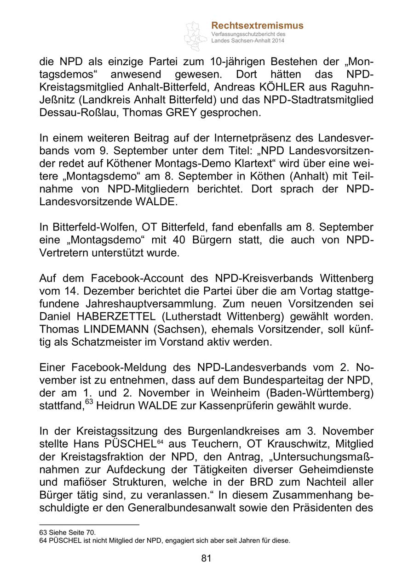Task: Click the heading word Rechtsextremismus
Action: [x=257, y=26]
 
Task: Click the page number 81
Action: [x=206, y=558]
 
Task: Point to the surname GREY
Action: [x=183, y=112]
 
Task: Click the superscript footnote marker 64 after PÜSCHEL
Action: [x=161, y=442]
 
